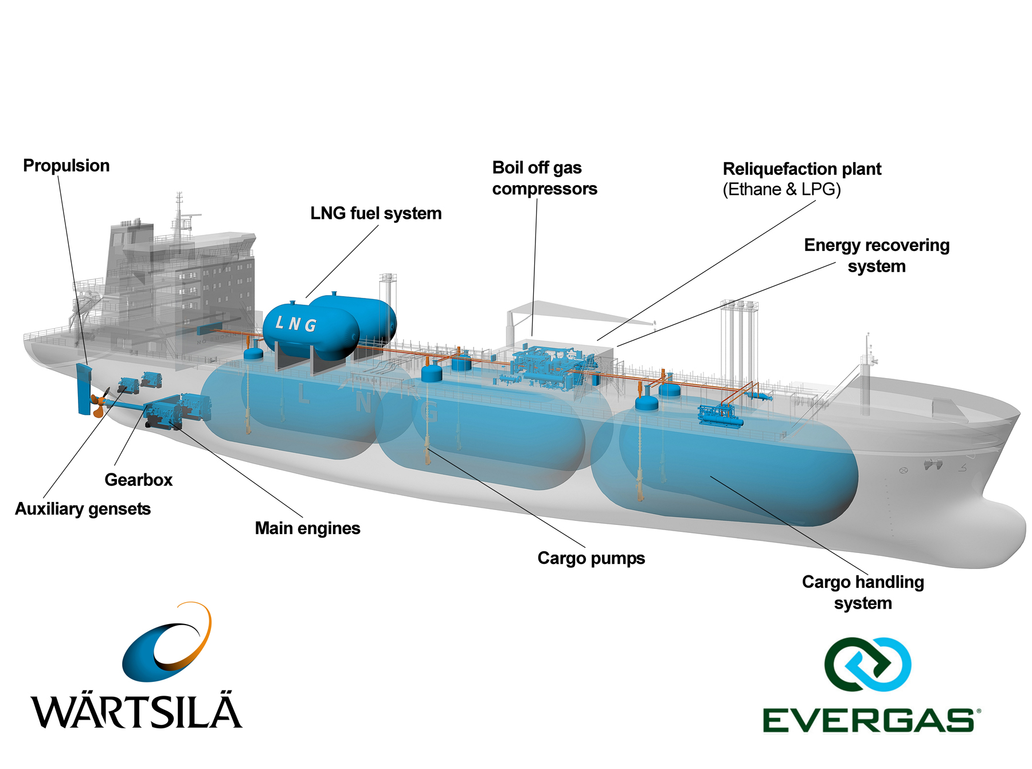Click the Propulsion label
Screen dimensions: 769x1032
tap(66, 166)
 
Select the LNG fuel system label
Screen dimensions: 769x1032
tap(376, 213)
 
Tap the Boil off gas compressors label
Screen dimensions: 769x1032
tap(544, 178)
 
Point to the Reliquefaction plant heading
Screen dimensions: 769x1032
tap(802, 169)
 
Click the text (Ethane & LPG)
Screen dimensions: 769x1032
tap(781, 190)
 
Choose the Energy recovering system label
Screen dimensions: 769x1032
tap(876, 256)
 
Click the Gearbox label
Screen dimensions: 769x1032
tap(138, 480)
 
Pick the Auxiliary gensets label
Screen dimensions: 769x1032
tap(83, 509)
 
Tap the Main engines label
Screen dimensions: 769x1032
tap(307, 528)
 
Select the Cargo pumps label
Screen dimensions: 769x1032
tap(591, 558)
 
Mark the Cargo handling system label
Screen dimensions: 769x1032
tap(863, 593)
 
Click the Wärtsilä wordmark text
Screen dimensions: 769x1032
tap(136, 711)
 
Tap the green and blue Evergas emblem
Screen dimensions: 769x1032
tap(867, 664)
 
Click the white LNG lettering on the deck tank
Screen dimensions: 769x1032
tap(296, 324)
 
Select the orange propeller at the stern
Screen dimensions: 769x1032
tap(99, 403)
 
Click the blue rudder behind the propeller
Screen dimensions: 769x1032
tap(84, 389)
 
